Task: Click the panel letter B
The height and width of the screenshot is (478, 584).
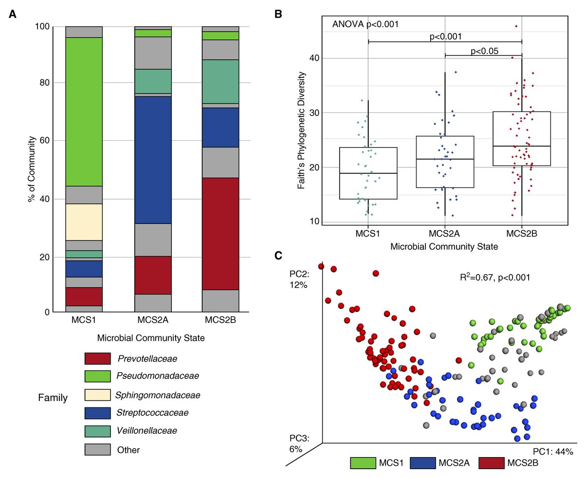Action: point(278,14)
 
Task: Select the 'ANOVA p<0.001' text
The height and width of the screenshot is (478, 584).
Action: point(365,24)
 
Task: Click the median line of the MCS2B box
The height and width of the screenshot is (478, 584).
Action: point(521,146)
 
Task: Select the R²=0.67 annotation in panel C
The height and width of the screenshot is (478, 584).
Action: point(494,277)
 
